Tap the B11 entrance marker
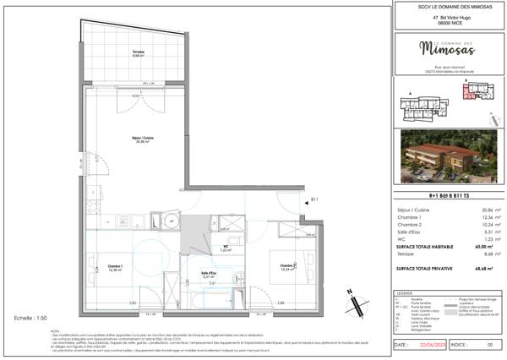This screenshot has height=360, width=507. [313, 199]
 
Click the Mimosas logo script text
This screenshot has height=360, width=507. [446, 46]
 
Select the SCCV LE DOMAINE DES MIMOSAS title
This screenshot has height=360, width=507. [445, 8]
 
